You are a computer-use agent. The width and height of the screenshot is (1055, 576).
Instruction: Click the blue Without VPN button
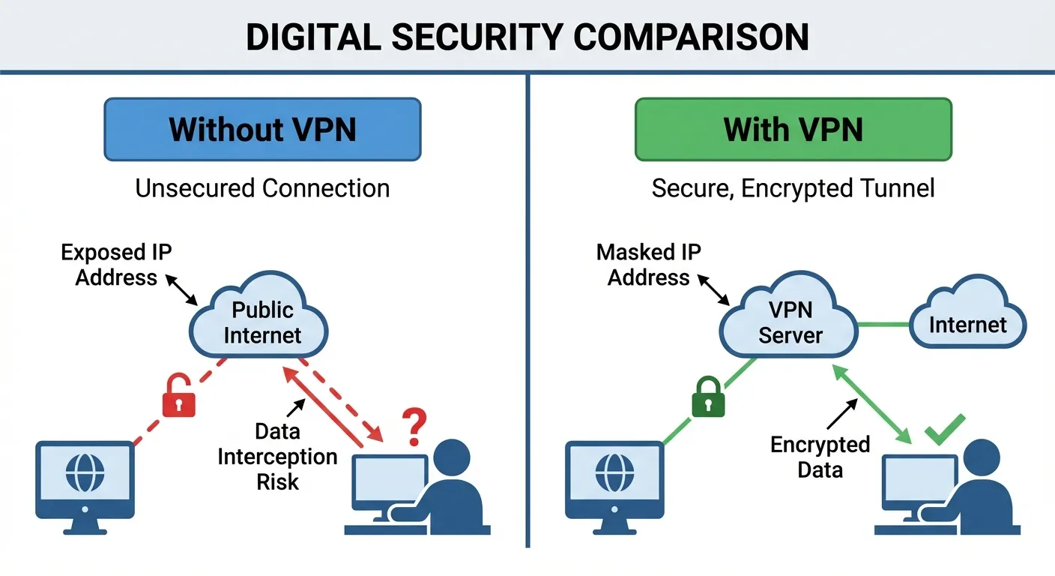[x=262, y=129]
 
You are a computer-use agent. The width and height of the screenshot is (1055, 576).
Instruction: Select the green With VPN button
[x=793, y=129]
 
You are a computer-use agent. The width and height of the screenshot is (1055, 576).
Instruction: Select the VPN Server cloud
[x=790, y=322]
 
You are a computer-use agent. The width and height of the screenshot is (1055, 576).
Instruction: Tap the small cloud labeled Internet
[x=967, y=324]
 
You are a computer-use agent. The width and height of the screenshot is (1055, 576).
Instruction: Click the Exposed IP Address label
[x=116, y=265]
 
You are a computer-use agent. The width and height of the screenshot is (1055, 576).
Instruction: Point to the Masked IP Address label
[x=649, y=265]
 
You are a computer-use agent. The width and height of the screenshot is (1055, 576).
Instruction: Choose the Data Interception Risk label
[x=277, y=456]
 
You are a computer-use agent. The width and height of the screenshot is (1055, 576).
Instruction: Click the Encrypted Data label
[x=820, y=457]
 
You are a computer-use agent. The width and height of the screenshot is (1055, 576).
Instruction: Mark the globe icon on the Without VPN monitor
[x=85, y=473]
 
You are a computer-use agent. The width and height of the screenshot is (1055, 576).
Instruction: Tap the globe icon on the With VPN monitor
[x=614, y=473]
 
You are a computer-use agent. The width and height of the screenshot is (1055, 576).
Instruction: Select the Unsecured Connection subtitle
[x=262, y=187]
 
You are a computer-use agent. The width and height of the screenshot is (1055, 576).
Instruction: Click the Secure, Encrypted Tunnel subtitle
[x=793, y=187]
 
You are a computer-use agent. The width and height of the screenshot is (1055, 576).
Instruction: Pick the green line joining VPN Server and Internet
[x=883, y=325]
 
